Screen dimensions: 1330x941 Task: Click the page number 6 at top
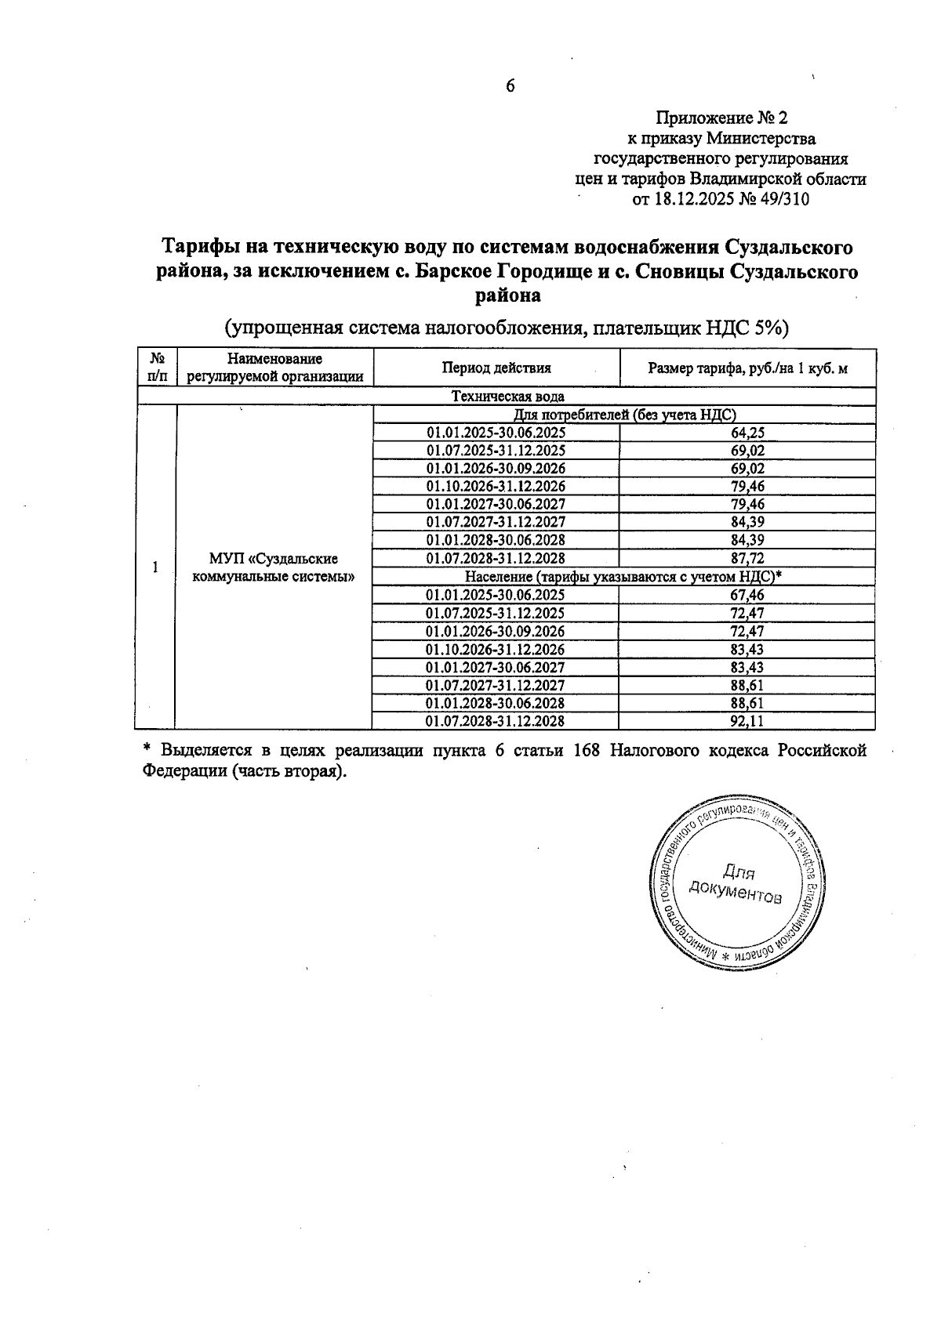[x=510, y=86]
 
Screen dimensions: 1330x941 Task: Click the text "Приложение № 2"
[x=721, y=118]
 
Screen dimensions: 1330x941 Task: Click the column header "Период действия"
[x=496, y=368]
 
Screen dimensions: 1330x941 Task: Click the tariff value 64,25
[x=747, y=433]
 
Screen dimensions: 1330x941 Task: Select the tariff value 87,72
[x=747, y=558]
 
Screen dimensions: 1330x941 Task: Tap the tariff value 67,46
[x=747, y=595]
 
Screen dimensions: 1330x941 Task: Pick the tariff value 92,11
[x=747, y=721]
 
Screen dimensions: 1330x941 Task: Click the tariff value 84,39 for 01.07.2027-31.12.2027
[x=747, y=522]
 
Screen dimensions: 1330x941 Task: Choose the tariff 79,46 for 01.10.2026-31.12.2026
[x=747, y=487]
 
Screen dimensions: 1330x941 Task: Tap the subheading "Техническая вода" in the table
[x=507, y=397]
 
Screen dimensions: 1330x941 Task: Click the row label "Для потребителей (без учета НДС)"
[x=624, y=415]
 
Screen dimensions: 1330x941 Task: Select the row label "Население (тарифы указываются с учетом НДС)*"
[x=624, y=577]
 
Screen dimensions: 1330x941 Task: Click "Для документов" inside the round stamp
[x=735, y=884]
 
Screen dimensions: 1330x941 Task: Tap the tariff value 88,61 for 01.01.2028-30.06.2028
[x=747, y=703]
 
